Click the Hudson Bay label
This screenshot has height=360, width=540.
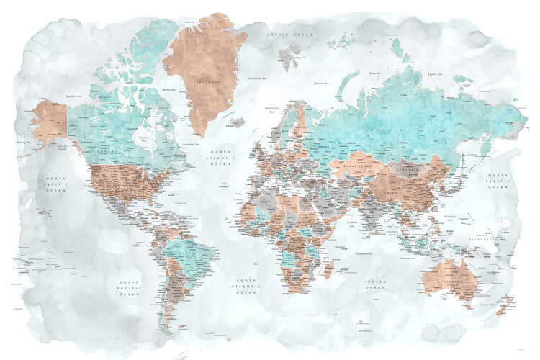click(x=145, y=139)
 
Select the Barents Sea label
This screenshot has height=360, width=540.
click(x=321, y=84)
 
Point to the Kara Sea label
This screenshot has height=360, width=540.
click(x=374, y=73)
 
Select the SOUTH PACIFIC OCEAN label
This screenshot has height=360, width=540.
click(x=130, y=288)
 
